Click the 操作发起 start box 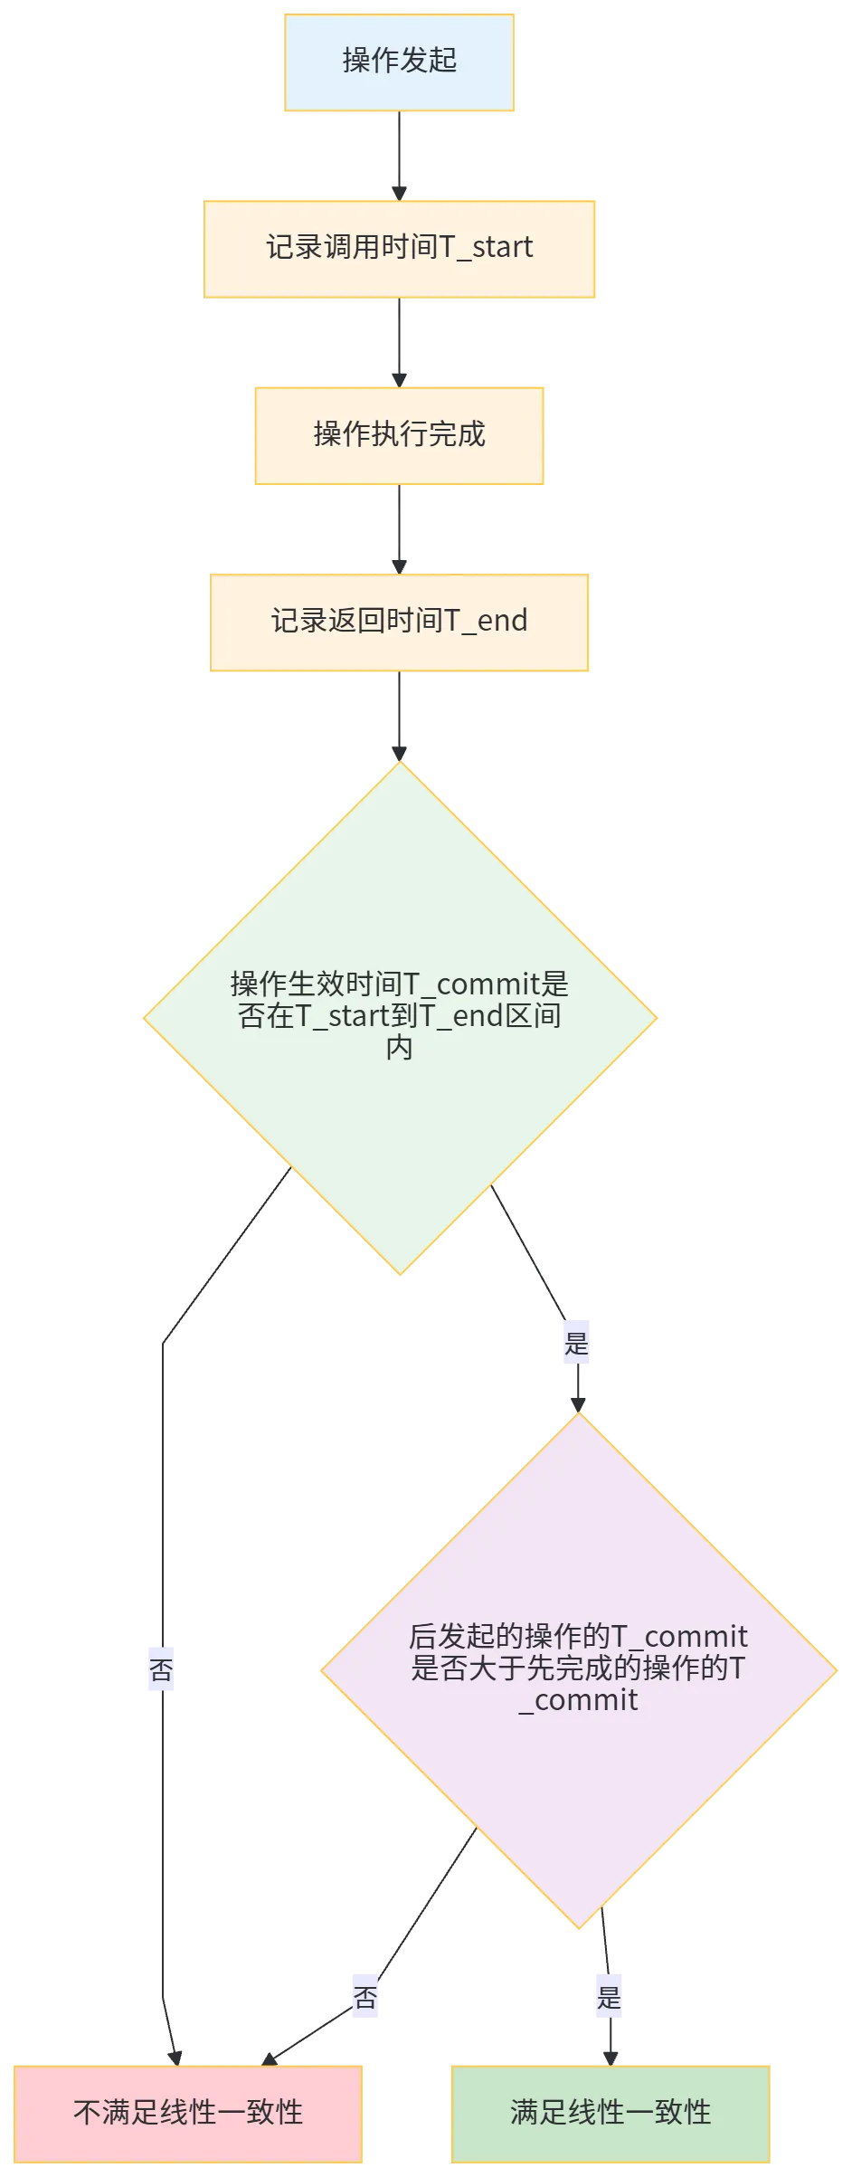click(400, 61)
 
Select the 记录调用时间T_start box click(400, 248)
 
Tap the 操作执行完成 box click(400, 435)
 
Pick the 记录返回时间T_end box click(400, 622)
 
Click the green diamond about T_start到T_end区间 click(400, 1017)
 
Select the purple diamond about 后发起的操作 click(579, 1669)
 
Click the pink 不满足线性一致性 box click(188, 2112)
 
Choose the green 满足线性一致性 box click(611, 2112)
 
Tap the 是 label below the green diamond click(577, 1344)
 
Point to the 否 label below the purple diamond click(365, 1997)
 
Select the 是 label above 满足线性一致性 click(609, 1997)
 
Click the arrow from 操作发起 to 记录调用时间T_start click(400, 154)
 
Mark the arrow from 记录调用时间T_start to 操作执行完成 click(400, 341)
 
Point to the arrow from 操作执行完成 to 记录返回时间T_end click(400, 529)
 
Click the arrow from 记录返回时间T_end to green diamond click(400, 715)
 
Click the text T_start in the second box click(487, 248)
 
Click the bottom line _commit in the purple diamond click(579, 1700)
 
